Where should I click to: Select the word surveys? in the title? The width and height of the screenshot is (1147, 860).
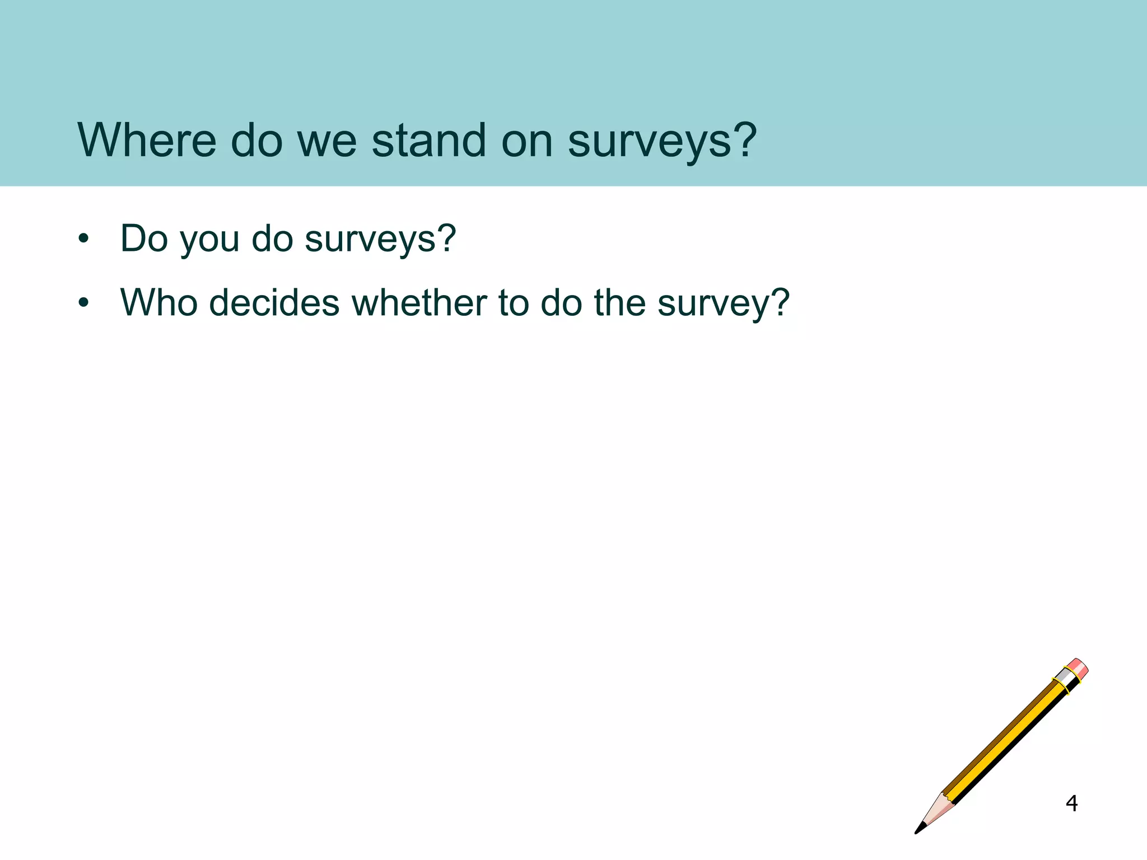662,141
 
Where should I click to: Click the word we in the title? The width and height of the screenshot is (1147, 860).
327,141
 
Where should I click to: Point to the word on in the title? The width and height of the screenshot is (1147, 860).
527,141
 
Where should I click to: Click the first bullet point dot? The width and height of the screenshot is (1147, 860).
84,239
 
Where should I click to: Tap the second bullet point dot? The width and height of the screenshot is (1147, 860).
84,303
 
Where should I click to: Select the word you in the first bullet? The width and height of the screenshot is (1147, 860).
209,240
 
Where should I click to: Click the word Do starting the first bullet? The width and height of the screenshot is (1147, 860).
144,239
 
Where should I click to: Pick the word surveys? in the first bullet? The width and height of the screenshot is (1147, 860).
380,240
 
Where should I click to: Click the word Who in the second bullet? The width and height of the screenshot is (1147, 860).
159,302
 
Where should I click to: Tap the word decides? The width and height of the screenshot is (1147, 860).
274,302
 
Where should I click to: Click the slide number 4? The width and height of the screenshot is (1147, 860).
1071,803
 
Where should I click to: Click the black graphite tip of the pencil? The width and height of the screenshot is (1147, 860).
920,828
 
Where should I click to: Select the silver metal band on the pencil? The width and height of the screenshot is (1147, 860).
1066,679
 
